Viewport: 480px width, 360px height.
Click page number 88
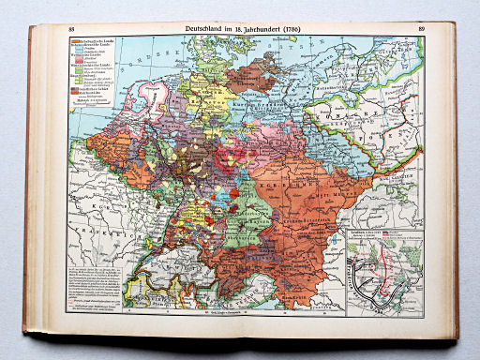[x=71, y=32]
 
